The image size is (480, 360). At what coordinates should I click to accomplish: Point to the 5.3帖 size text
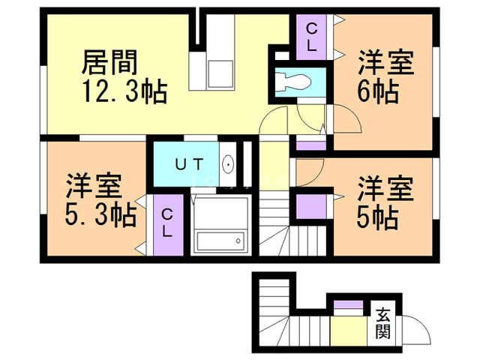tap(100, 215)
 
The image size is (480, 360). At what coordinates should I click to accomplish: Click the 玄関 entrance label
tap(382, 323)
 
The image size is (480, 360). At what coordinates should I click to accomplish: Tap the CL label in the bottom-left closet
tap(166, 223)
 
